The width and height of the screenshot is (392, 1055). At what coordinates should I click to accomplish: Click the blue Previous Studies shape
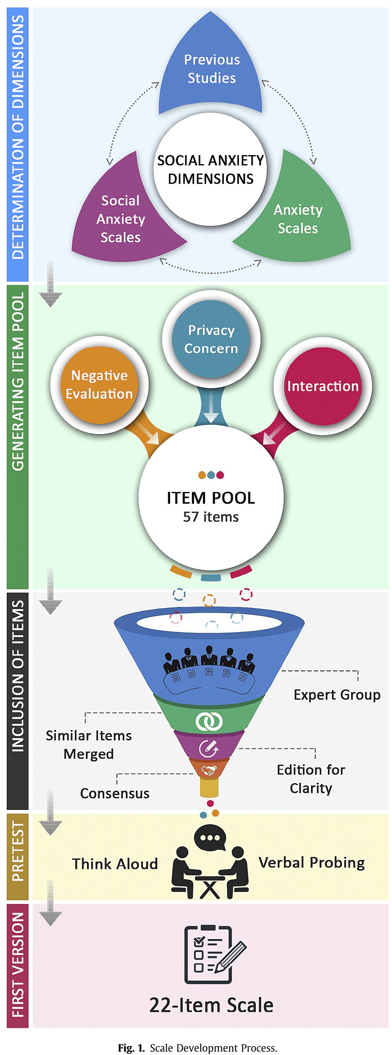(211, 70)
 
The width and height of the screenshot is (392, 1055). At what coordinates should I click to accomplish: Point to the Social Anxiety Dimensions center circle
(210, 169)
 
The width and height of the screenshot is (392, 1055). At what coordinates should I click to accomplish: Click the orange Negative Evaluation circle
(99, 385)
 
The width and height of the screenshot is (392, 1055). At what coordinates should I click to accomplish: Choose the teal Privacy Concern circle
(211, 339)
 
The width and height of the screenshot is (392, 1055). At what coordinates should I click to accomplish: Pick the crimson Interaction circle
(323, 386)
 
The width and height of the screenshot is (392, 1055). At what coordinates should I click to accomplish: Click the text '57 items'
(211, 517)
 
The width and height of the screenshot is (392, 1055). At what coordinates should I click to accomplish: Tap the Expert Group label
(337, 695)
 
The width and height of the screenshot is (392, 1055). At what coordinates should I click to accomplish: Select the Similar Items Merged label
(89, 744)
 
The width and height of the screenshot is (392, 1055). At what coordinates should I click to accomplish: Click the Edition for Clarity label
(311, 779)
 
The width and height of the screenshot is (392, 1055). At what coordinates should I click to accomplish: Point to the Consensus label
(115, 793)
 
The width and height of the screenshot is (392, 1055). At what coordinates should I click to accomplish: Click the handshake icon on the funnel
(209, 771)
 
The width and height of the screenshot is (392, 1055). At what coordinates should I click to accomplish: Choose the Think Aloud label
(115, 864)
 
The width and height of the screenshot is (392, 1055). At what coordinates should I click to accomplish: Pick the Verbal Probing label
(311, 863)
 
